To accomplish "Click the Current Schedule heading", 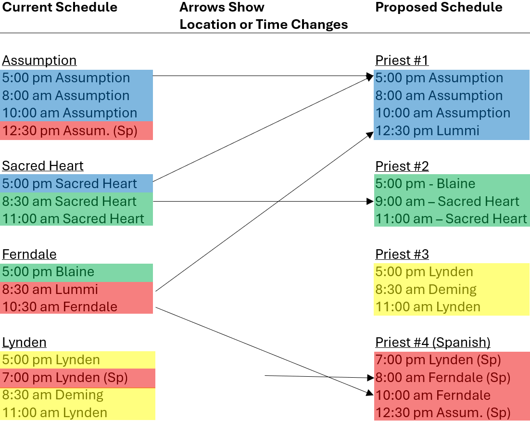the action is click(60, 7).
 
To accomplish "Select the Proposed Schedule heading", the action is click(439, 7).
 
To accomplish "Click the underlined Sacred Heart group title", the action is click(43, 166).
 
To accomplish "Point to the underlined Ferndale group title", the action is click(29, 254).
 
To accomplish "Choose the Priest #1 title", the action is click(402, 60).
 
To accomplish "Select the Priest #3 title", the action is click(402, 254).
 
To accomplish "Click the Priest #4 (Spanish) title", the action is click(433, 342).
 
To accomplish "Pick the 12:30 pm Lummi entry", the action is click(427, 130).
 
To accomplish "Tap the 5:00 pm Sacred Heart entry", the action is click(70, 183).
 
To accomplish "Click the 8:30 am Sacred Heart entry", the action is click(70, 201).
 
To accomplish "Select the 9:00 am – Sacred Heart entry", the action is click(447, 201).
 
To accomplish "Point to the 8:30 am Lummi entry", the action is click(50, 289).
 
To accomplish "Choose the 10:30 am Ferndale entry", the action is click(60, 306).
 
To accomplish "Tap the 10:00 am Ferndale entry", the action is click(433, 395).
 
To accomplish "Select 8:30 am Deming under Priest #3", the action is click(426, 289).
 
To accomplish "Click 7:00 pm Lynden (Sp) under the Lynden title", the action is click(65, 378).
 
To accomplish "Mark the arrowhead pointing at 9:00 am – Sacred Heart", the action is click(370, 201).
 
